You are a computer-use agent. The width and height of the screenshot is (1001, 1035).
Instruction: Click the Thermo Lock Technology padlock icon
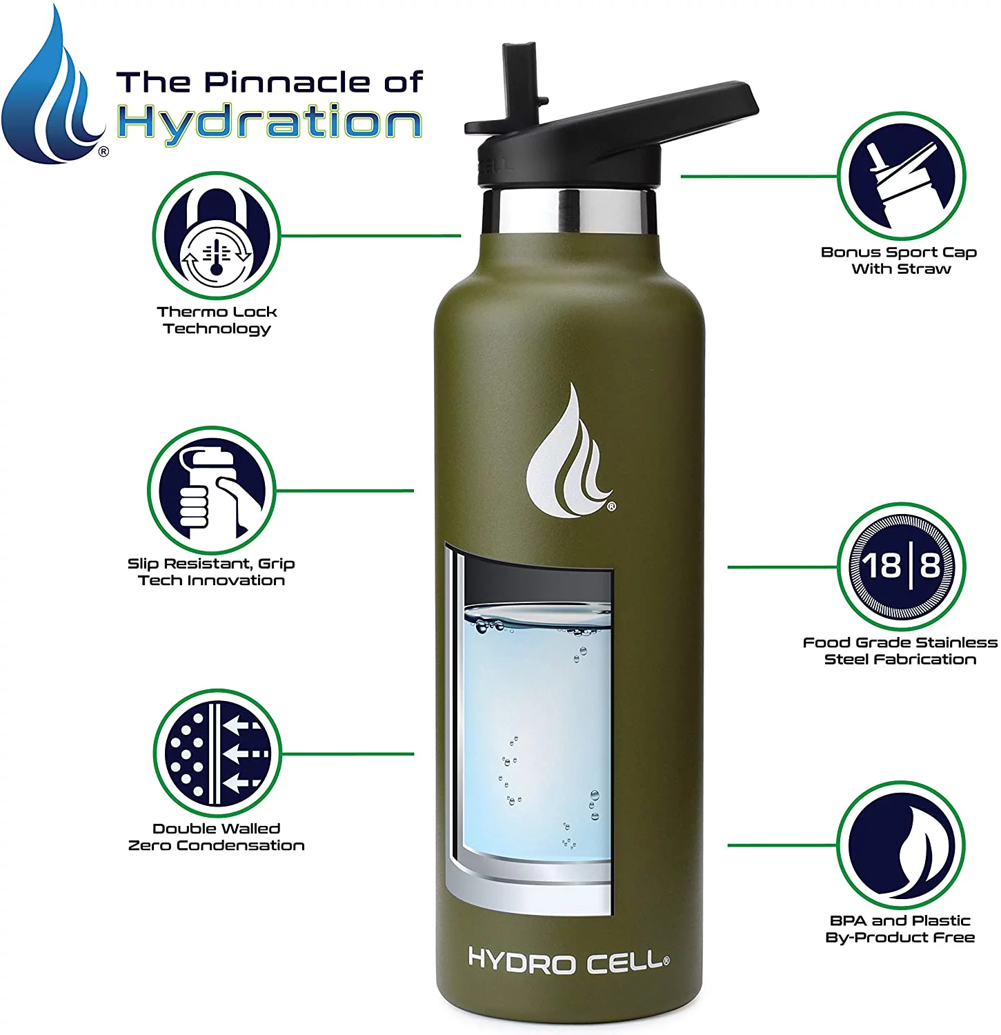pos(217,236)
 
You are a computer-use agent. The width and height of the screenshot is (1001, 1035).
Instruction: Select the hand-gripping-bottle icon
pos(211,491)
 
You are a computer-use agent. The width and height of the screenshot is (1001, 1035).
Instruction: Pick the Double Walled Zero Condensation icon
pos(217,753)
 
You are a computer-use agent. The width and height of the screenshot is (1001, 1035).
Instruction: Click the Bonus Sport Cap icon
pos(901,176)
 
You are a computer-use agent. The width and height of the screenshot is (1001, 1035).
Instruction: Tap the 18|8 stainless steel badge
pos(901,566)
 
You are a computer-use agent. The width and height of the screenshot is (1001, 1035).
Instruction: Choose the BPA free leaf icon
pos(901,845)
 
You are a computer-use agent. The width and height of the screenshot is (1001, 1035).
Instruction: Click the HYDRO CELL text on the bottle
pos(568,960)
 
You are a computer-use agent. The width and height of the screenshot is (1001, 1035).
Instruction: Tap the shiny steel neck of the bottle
pos(568,210)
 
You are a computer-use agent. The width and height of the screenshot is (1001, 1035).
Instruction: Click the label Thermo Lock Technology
pos(217,320)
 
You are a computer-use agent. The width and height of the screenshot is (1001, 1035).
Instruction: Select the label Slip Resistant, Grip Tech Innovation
pos(211,572)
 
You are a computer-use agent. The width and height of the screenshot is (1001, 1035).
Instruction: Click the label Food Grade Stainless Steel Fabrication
pos(900,651)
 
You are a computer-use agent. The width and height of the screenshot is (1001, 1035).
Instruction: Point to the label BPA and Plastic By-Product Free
pos(900,929)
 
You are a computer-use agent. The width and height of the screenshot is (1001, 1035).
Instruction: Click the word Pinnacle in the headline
pos(290,82)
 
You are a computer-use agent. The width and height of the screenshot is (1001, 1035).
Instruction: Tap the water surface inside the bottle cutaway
pos(538,618)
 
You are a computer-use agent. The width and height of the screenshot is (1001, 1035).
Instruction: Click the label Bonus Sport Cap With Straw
pos(900,261)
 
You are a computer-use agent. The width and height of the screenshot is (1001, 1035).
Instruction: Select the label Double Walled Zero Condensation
pos(216,837)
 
